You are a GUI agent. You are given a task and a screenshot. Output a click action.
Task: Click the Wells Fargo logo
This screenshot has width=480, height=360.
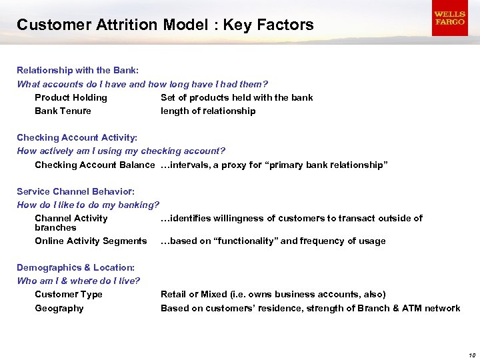click(x=449, y=19)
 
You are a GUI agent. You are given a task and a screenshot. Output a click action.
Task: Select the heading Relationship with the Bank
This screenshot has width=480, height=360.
click(x=77, y=70)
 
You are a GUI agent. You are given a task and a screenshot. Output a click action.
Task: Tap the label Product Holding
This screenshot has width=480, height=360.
click(x=71, y=97)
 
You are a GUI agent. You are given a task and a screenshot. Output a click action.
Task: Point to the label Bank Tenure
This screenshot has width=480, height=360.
click(x=63, y=111)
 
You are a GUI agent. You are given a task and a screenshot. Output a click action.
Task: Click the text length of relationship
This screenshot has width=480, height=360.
click(x=208, y=111)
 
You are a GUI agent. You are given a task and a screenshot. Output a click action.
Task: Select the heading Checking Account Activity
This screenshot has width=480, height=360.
click(x=77, y=137)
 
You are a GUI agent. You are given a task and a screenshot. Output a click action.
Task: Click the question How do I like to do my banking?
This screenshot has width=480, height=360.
click(x=88, y=205)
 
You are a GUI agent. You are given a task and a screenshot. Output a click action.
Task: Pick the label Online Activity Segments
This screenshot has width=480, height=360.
click(x=91, y=241)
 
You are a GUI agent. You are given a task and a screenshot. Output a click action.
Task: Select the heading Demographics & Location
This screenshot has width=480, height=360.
click(x=75, y=267)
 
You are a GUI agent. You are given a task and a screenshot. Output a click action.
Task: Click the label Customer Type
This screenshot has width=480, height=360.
click(x=69, y=294)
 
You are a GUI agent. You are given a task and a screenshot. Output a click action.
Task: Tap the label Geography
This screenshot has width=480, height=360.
click(x=59, y=308)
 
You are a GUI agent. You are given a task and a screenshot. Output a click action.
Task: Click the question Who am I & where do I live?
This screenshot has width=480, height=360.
click(x=79, y=281)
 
